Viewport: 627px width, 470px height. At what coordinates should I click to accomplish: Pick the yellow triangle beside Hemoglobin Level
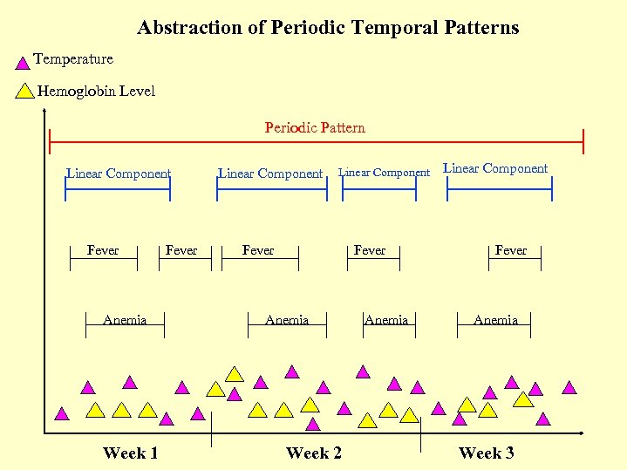(25, 92)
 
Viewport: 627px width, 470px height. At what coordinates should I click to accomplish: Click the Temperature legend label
(73, 59)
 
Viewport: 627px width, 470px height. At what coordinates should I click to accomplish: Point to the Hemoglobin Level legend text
(96, 92)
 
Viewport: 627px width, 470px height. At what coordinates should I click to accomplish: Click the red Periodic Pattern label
(315, 128)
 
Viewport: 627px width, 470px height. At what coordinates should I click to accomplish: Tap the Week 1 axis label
(130, 453)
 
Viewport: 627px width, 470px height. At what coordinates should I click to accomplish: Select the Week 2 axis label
(314, 453)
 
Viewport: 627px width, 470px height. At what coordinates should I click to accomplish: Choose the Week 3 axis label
(486, 453)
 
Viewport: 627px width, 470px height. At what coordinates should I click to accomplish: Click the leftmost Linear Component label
(119, 174)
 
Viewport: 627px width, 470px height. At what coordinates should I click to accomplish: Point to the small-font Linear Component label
(384, 173)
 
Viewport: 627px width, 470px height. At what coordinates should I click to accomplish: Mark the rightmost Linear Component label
(496, 168)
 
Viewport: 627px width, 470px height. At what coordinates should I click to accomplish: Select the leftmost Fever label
(103, 250)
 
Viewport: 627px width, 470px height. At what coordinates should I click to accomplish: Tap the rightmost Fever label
(511, 250)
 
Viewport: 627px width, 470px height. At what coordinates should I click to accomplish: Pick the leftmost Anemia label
(125, 320)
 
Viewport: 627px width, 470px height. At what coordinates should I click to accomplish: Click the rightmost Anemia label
(495, 320)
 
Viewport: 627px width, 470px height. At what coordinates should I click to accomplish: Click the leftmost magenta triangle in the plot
(61, 414)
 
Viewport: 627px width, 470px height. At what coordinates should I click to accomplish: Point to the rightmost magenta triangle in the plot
(569, 387)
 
